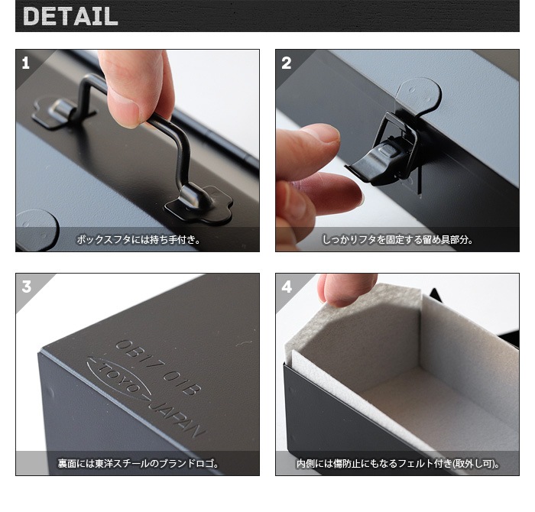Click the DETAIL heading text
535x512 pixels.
point(70,16)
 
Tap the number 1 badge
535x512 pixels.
point(26,63)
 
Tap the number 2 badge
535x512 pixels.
point(287,63)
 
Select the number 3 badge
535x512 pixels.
point(27,287)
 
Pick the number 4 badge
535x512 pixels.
point(287,287)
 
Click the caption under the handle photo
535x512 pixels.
point(138,239)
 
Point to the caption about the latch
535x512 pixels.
point(397,239)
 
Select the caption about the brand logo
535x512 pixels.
point(138,463)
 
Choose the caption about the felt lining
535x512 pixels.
point(397,463)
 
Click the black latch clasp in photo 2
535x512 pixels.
point(382,157)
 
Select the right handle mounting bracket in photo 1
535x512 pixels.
point(197,203)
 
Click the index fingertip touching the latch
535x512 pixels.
point(321,138)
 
